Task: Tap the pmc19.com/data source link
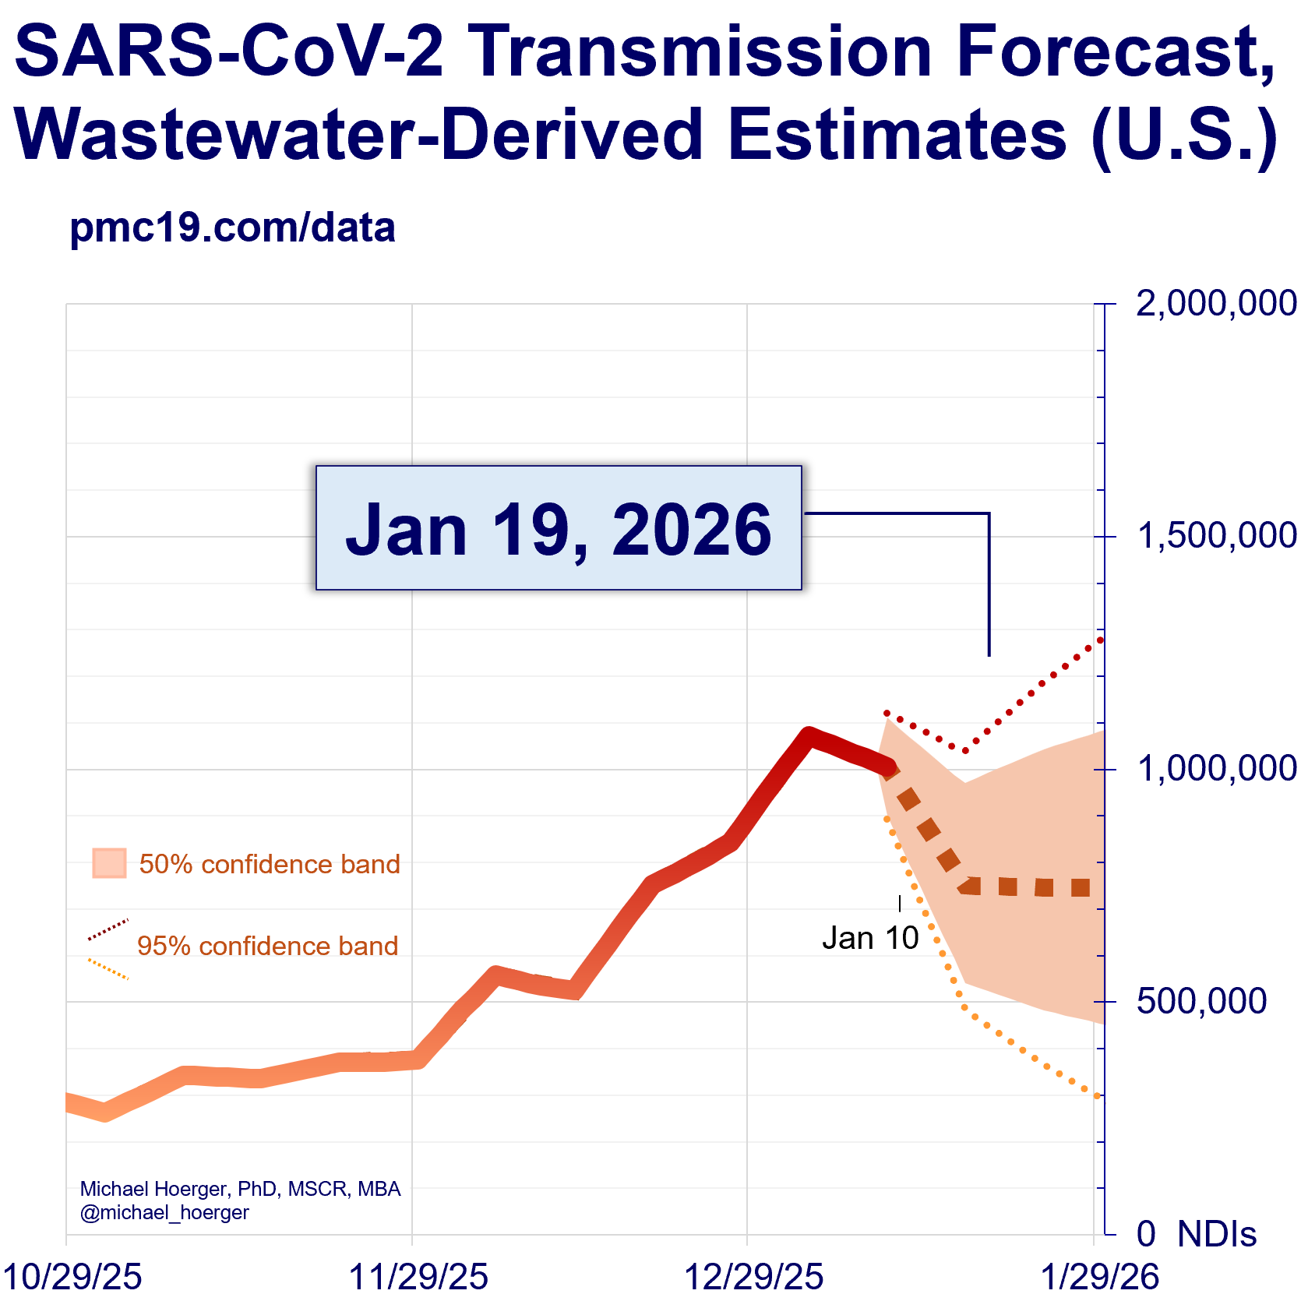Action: [232, 227]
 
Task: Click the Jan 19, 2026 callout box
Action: [559, 528]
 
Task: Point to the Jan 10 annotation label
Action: [870, 938]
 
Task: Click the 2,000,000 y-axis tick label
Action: [1216, 303]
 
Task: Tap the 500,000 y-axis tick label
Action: [1201, 1001]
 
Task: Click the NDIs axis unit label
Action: [1217, 1234]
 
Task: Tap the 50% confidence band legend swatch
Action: [109, 863]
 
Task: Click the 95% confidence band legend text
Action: [267, 946]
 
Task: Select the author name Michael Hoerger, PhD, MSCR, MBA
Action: [240, 1189]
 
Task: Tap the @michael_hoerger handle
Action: [164, 1212]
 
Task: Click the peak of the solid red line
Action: [809, 735]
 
